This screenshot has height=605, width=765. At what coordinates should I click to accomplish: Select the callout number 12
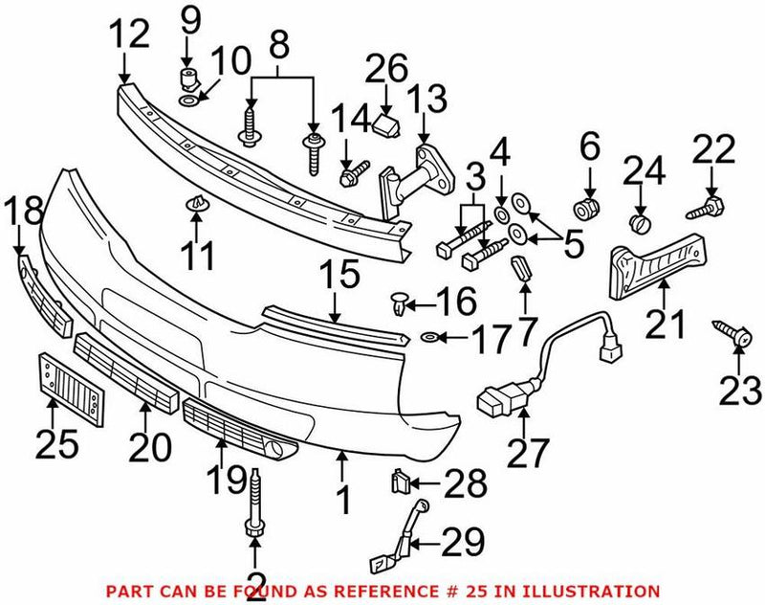tap(129, 35)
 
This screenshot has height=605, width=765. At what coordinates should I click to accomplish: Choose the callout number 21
tap(666, 324)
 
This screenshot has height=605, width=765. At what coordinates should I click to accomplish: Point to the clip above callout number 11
tap(195, 204)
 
